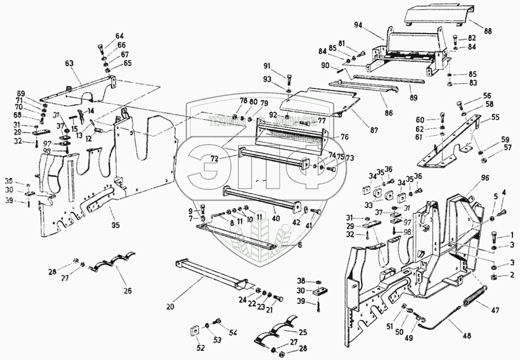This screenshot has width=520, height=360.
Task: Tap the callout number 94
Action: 359,25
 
